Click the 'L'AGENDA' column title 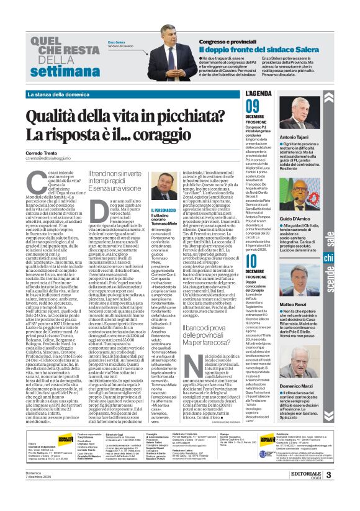(259, 93)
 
